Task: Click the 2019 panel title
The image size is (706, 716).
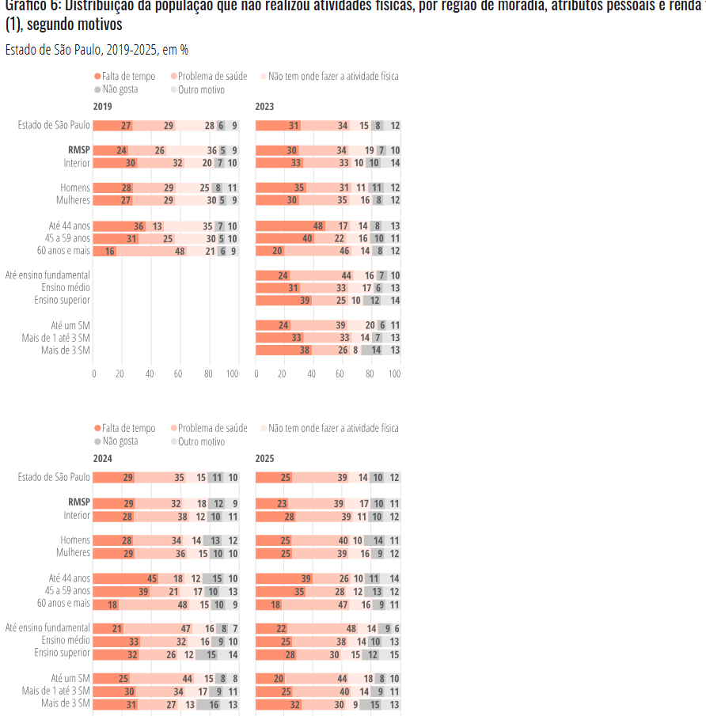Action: pyautogui.click(x=102, y=106)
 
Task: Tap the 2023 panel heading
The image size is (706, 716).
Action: pyautogui.click(x=264, y=106)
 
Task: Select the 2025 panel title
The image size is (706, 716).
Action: pyautogui.click(x=264, y=458)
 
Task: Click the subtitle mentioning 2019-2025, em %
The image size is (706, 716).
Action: pyautogui.click(x=97, y=50)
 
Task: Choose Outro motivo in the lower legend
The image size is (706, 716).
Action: pyautogui.click(x=201, y=441)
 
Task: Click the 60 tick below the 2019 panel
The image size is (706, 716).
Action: pyautogui.click(x=178, y=373)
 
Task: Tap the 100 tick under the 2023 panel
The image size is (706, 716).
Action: pyautogui.click(x=394, y=373)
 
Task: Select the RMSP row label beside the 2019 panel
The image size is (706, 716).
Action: pyautogui.click(x=79, y=150)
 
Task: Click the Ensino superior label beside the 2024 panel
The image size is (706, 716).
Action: pyautogui.click(x=62, y=653)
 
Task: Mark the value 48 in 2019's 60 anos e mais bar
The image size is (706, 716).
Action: pyautogui.click(x=180, y=251)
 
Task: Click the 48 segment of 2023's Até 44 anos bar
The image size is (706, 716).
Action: pyautogui.click(x=318, y=225)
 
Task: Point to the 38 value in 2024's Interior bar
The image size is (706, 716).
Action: pyautogui.click(x=182, y=516)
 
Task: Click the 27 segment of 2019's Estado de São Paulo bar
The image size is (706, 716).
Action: pyautogui.click(x=126, y=126)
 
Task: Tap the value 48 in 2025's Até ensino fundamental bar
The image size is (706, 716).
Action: pyautogui.click(x=351, y=628)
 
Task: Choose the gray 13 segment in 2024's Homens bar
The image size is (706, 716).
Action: pyautogui.click(x=215, y=540)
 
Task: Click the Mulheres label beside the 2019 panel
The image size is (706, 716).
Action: pyautogui.click(x=73, y=200)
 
